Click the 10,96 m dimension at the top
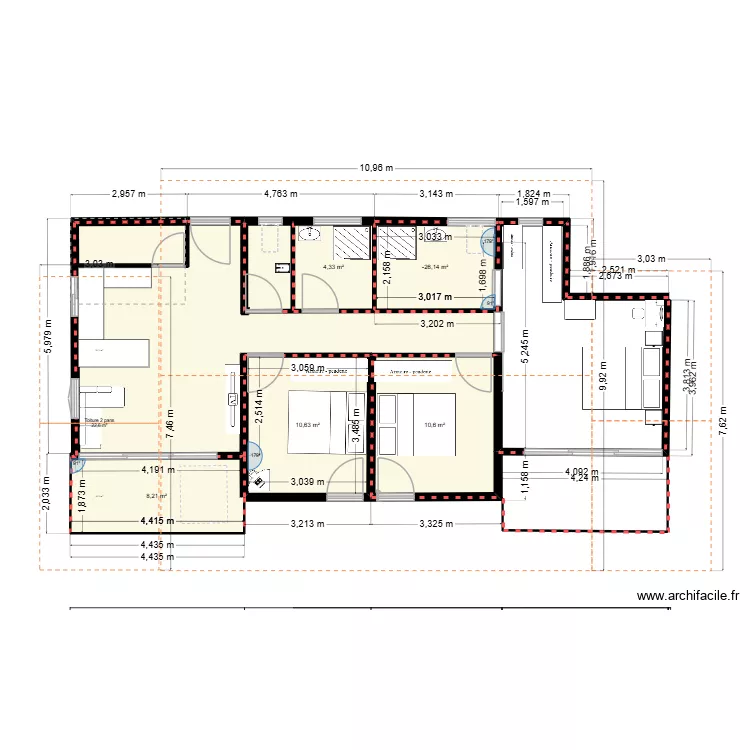375,168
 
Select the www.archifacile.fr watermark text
689,597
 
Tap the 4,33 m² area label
333,267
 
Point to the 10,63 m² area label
307,425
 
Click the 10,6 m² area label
434,425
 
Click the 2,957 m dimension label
129,194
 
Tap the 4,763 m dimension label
280,194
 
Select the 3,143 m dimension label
435,194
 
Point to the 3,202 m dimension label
437,324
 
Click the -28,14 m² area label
434,267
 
